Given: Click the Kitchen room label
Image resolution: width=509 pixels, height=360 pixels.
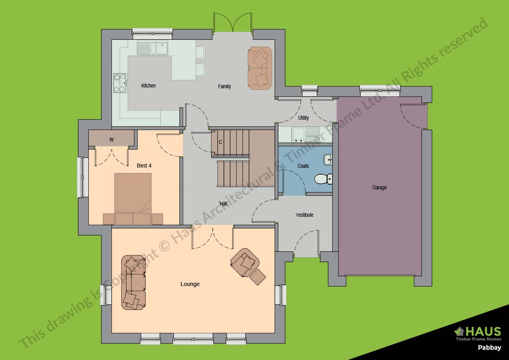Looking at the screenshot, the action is pos(148,86).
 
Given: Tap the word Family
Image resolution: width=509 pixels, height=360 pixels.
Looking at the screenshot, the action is pos(224,87).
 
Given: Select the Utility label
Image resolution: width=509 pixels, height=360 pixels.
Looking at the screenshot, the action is pos(303,118).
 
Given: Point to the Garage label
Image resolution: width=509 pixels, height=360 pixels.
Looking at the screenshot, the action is pos(379,187).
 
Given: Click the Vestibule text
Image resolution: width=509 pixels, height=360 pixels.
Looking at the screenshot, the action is pos(305,215).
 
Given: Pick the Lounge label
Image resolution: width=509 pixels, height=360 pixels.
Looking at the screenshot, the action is pos(190,284).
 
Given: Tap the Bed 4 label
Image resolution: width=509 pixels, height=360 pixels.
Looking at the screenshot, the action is pos(144,165).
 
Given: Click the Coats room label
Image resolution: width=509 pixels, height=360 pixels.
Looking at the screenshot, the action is pos(303,166).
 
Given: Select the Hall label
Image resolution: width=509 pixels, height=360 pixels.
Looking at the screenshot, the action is pos(223,204).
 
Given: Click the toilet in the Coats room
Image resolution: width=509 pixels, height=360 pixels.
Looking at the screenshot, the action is pos(323,179).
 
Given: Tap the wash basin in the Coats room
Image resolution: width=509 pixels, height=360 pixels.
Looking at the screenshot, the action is pos(328,160).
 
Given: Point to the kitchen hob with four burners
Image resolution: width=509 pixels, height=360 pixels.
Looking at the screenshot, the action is pos(120,83).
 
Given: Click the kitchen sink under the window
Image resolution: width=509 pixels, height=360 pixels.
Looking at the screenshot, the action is pos(152,48).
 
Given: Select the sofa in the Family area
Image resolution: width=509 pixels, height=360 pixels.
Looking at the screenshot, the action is pos(260,68).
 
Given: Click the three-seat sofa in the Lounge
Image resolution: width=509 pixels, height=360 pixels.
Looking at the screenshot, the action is pos(133,282).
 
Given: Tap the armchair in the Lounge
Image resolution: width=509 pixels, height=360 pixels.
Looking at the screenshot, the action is pos(245,263).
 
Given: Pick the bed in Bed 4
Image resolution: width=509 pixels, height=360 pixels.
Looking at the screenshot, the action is pos(133,199).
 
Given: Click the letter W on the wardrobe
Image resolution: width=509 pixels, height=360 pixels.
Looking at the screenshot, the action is pos(111,140).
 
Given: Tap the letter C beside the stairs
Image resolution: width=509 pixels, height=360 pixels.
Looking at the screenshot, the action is pos(220,142).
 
